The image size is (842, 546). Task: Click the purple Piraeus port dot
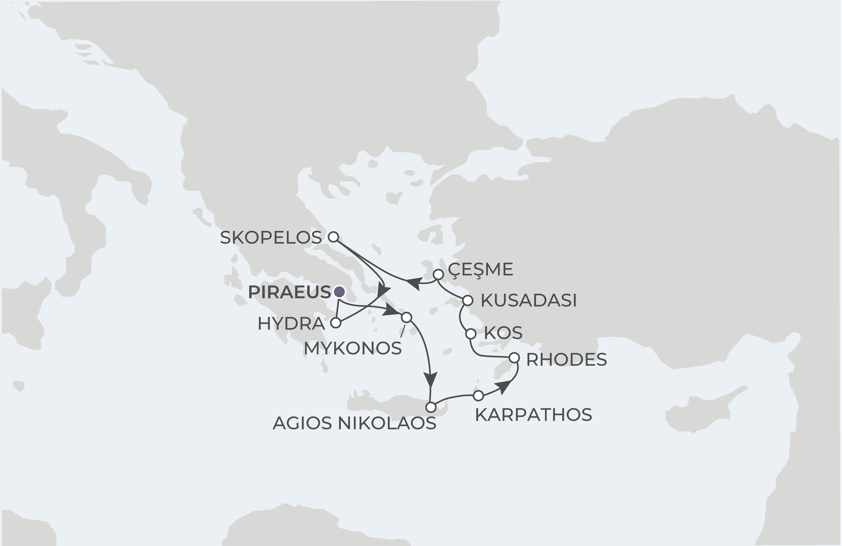coord(339,292)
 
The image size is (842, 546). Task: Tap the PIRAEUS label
coord(290,292)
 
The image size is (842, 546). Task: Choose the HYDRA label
coord(291,324)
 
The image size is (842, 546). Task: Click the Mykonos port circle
coord(407,317)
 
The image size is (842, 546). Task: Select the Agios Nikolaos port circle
coord(431,407)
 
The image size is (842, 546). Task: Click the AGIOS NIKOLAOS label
coord(354,423)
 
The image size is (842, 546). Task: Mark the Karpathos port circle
coord(478,396)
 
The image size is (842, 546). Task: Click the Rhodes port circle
coord(514,358)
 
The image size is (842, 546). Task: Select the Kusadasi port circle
coord(468,301)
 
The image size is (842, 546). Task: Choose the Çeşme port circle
coord(438,274)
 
